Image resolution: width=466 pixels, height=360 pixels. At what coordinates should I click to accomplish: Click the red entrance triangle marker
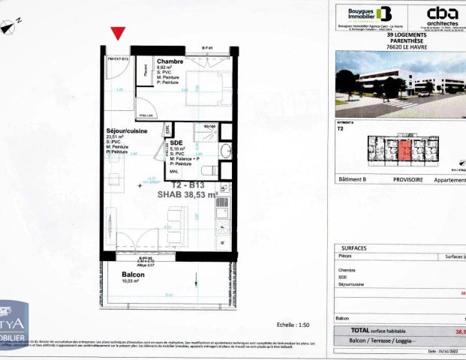click(118, 33)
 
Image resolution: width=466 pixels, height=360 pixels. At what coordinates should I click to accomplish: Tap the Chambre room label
click(170, 61)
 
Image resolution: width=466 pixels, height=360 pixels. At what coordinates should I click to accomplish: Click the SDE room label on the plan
click(177, 142)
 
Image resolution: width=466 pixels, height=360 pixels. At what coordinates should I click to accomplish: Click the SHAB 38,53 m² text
click(187, 194)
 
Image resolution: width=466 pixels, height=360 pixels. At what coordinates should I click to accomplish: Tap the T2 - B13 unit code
click(188, 184)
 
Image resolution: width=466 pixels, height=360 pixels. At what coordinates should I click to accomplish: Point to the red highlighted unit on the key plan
click(405, 150)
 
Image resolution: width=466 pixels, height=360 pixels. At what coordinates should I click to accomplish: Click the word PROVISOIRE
click(408, 180)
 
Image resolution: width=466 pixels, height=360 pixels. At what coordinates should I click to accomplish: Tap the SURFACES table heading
click(354, 247)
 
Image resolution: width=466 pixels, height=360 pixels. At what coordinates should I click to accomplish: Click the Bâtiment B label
click(353, 180)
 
